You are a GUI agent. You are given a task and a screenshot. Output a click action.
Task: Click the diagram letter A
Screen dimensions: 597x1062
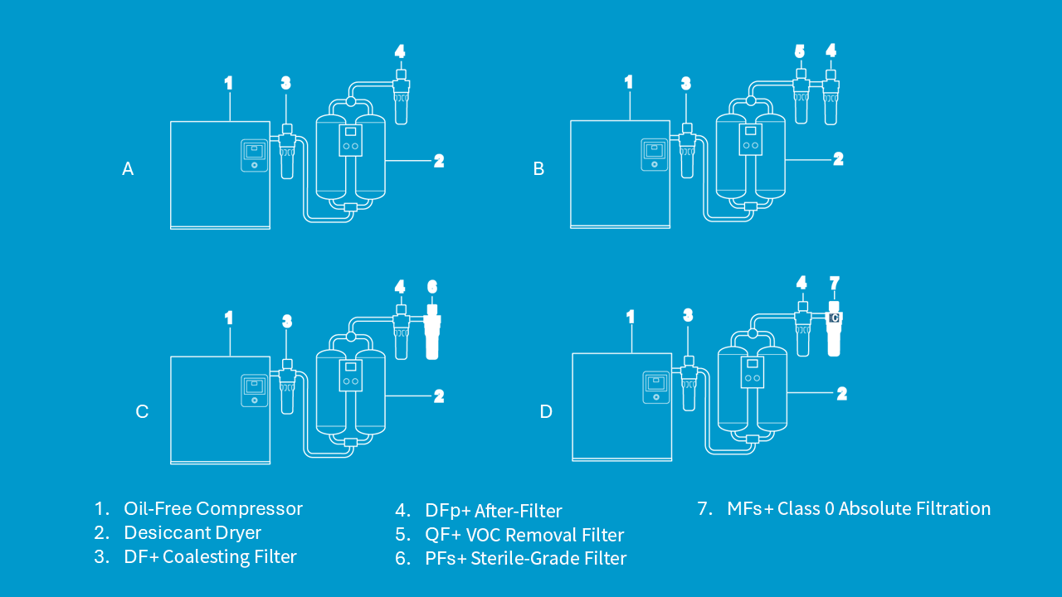pos(128,169)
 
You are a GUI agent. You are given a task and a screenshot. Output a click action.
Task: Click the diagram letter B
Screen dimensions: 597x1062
pos(538,169)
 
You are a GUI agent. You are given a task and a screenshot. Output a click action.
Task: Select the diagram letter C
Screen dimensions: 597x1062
pos(142,411)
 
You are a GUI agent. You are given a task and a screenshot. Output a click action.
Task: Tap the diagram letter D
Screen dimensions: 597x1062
pos(546,411)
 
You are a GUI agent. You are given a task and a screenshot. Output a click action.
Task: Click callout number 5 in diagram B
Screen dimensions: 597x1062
pos(800,51)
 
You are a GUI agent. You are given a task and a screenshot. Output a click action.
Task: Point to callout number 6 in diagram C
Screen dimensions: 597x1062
pos(432,287)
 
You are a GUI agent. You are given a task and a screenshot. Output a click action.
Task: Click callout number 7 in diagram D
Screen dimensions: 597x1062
pos(835,284)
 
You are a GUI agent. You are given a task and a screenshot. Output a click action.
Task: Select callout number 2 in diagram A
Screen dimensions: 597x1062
pos(439,161)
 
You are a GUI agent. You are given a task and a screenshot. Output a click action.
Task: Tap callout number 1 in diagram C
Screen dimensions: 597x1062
pos(228,318)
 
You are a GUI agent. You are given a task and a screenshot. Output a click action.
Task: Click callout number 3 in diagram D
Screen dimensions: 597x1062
pos(688,315)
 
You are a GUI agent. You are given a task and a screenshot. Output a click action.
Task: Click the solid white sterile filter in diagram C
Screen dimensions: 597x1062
pos(431,336)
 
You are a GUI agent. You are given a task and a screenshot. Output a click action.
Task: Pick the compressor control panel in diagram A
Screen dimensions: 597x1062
pos(255,155)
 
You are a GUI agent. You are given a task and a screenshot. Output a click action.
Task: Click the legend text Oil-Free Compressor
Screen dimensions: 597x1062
pos(213,508)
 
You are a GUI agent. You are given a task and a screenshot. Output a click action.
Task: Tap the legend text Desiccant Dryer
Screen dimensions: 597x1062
pos(192,533)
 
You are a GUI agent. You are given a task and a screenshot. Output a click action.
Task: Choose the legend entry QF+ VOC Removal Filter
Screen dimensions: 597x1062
pos(524,535)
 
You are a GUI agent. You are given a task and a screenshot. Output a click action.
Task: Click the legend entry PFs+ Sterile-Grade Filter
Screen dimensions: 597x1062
pos(525,559)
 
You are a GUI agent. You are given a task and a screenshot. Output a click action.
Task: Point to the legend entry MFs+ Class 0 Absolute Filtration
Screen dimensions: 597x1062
pos(859,508)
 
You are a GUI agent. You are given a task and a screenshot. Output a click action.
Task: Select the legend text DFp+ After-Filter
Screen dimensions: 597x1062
pos(494,511)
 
